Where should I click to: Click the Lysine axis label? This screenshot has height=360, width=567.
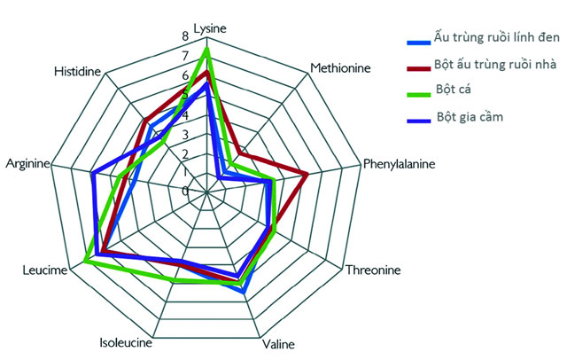click(209, 27)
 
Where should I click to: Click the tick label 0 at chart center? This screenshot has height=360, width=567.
click(185, 191)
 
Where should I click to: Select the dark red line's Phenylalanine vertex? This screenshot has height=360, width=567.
click(307, 173)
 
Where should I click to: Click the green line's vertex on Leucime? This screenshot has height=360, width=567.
click(86, 261)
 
